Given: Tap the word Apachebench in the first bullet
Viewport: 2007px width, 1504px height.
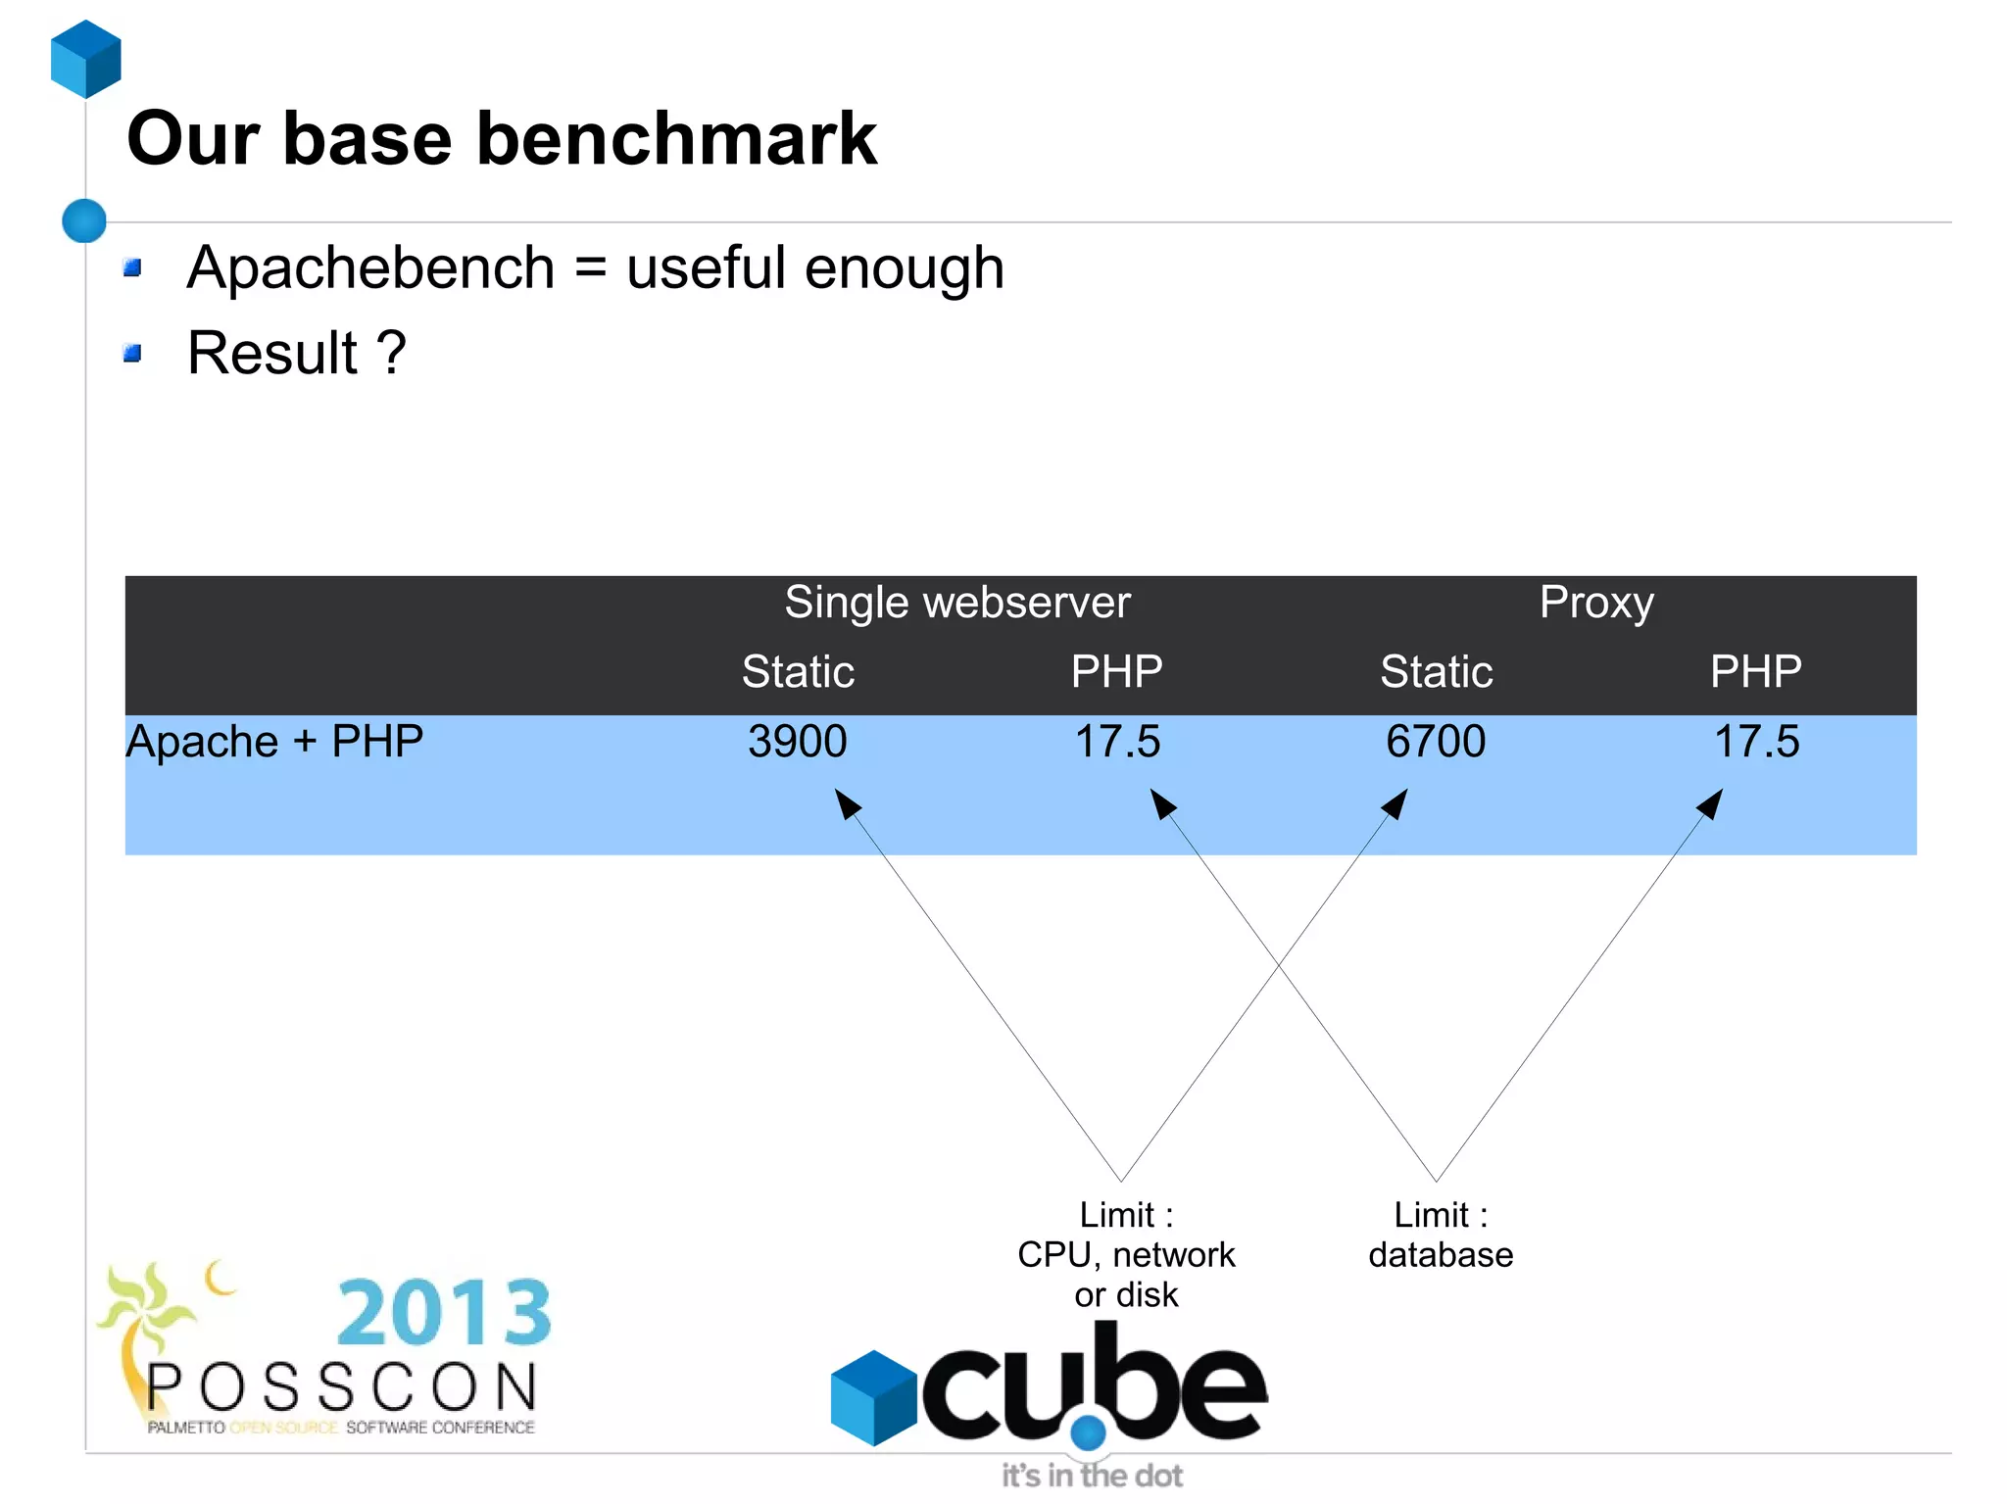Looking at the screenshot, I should (370, 267).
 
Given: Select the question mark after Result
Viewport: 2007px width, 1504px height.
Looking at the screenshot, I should (391, 353).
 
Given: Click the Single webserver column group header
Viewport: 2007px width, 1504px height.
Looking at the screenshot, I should (956, 602).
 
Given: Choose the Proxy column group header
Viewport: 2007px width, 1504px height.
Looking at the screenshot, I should (1595, 602).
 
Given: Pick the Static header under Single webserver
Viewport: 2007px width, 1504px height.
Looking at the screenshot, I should (798, 672).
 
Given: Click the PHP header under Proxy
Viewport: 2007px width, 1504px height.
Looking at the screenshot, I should (1755, 672).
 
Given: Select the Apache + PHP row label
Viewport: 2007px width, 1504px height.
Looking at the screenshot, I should (274, 742).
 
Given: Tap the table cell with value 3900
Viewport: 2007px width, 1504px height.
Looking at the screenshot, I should (797, 742).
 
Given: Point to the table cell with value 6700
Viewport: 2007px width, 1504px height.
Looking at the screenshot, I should (1435, 742).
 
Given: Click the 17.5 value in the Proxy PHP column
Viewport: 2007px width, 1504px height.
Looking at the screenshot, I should (1755, 742).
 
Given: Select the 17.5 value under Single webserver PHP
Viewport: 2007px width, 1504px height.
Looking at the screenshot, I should (1117, 742).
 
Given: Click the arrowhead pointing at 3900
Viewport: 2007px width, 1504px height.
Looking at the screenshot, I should (846, 802).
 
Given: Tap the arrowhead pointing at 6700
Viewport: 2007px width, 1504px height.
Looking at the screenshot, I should (1396, 802).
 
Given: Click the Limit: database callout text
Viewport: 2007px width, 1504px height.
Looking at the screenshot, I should (1440, 1235).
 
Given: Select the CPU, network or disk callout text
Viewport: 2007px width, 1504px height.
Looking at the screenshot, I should (1126, 1255).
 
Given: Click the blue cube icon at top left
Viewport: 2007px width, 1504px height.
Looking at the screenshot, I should (86, 59).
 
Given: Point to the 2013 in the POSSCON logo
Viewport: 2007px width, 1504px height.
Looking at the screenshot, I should (444, 1313).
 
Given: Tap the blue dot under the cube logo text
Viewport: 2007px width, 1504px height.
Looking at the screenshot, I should (1088, 1432).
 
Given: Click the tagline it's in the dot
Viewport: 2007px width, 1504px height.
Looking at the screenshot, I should (1091, 1476).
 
